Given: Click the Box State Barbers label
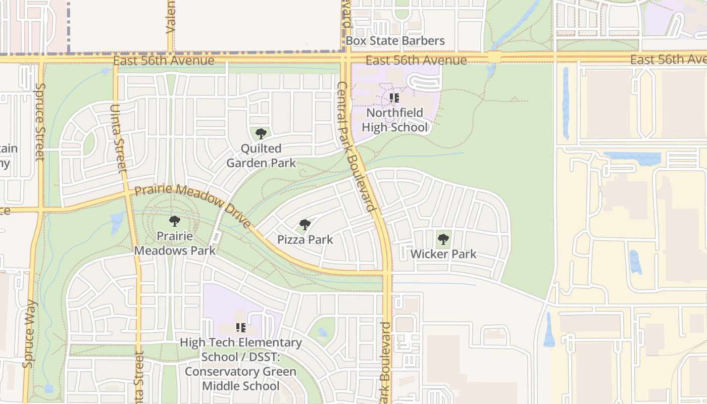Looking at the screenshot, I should coord(395,41).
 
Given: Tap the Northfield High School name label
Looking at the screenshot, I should coord(395,120).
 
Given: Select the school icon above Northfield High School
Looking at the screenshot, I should coord(394,98).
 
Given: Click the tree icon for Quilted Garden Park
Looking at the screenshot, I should coord(261,134).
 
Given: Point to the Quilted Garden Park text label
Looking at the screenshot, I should coord(261,156).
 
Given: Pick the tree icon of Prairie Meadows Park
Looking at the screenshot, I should coord(175,221).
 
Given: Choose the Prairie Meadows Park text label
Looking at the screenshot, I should coord(175,243).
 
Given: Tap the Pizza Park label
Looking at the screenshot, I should coord(305,239).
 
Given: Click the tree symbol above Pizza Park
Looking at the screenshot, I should coord(305,225).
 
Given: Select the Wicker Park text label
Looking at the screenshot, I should coord(443,254).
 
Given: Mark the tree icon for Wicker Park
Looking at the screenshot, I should coord(443,239).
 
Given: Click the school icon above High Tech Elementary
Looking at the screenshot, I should coord(241,328).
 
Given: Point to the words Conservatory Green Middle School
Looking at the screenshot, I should coord(240,379).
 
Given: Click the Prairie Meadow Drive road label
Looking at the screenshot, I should coord(193,206).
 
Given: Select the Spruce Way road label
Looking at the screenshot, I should coord(29,333).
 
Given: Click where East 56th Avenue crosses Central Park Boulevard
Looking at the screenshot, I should coord(345,60).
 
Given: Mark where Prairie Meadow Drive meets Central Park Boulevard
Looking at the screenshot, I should coord(387,273).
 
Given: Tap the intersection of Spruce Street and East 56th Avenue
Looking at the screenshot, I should coord(40,60).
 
